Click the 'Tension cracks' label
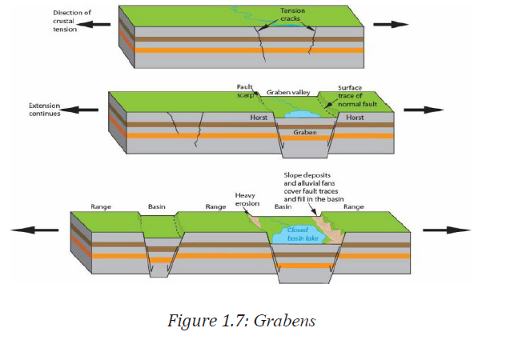[x=292, y=15]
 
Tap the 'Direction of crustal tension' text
[x=71, y=21]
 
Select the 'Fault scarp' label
[x=245, y=90]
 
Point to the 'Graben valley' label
[x=288, y=93]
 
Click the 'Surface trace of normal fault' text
[x=357, y=96]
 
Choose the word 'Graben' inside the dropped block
[x=305, y=132]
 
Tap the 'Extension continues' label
[x=45, y=110]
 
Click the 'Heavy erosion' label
[x=247, y=199]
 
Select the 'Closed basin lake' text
[x=303, y=234]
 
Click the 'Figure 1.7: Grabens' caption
[x=241, y=321]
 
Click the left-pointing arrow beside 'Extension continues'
[x=79, y=110]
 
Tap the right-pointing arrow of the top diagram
[x=391, y=24]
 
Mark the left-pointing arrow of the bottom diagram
[x=34, y=230]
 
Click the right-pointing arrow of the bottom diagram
[x=447, y=230]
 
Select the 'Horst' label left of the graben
[x=259, y=118]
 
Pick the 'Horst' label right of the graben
[x=355, y=118]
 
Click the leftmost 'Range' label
[x=101, y=206]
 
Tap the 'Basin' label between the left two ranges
[x=156, y=206]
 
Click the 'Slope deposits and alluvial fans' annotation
[x=314, y=187]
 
